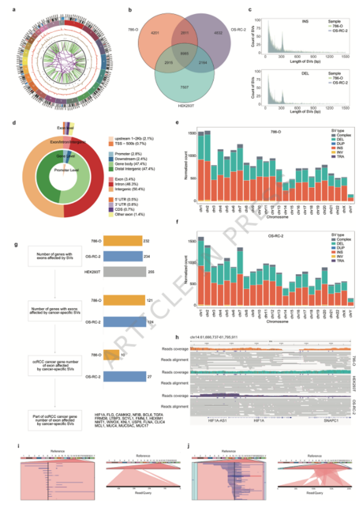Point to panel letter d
point(16,123)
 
